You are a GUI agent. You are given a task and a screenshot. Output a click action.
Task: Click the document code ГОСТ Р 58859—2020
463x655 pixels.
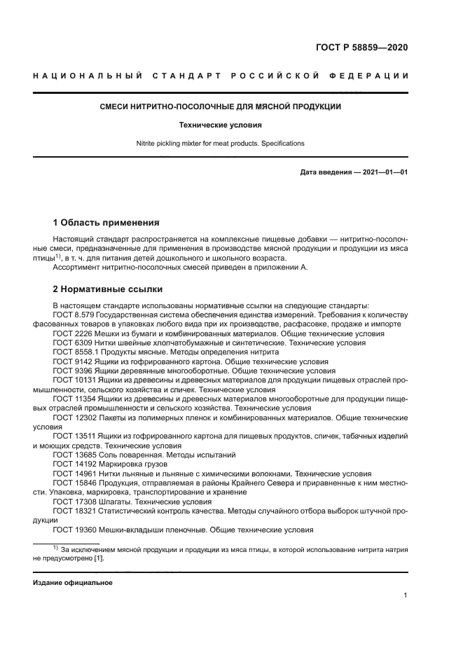(362, 48)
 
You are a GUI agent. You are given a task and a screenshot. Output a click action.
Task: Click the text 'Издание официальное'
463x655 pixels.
(72, 583)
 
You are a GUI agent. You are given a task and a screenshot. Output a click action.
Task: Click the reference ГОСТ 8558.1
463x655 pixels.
(74, 352)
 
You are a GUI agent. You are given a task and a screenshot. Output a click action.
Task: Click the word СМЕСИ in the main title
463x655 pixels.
(114, 106)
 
